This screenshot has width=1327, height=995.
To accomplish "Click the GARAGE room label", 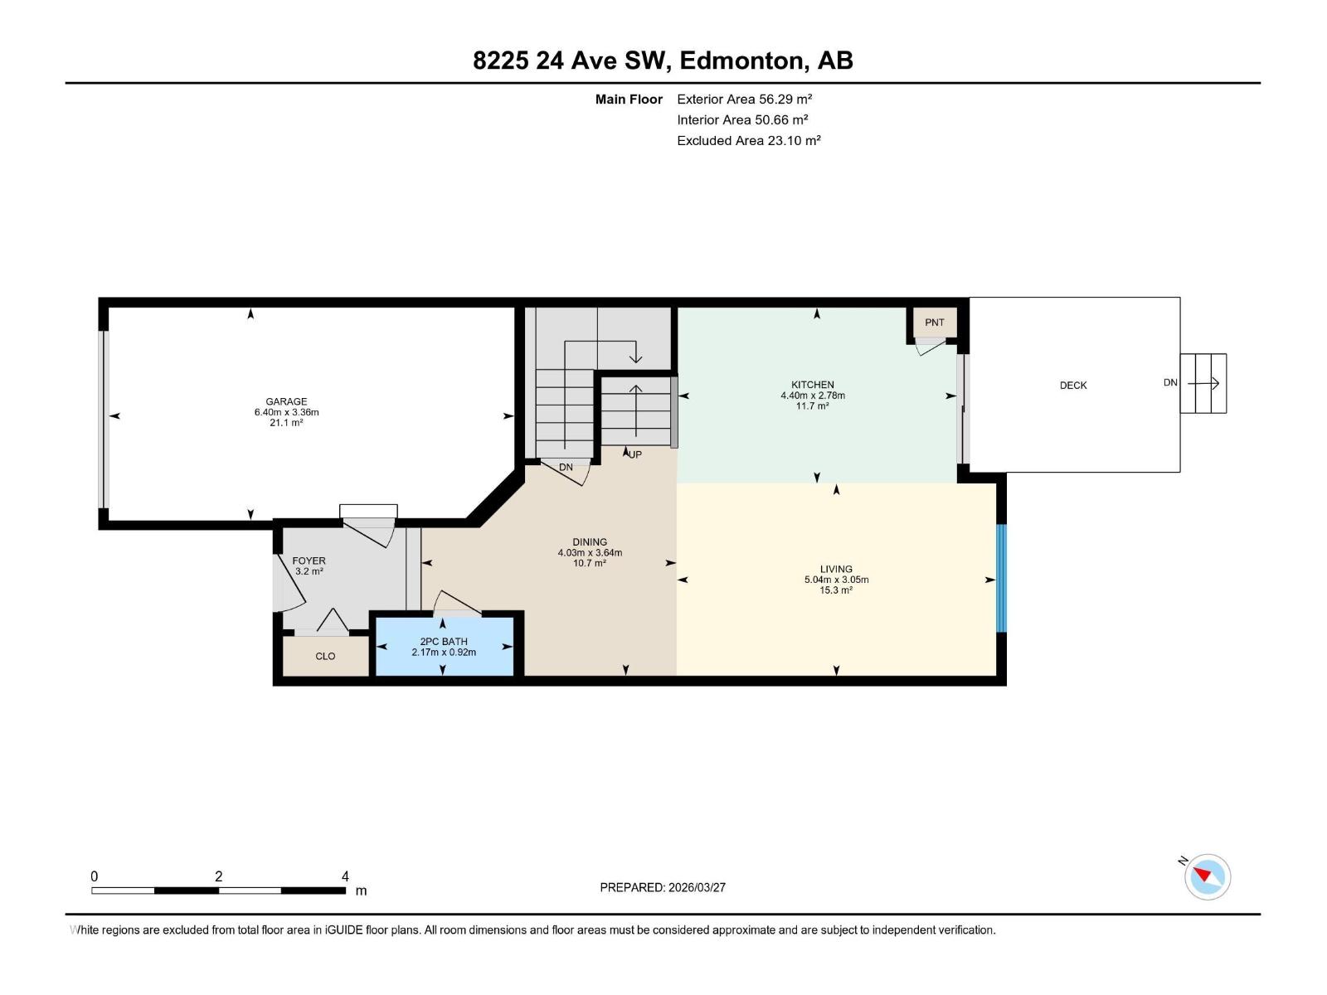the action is [x=286, y=401].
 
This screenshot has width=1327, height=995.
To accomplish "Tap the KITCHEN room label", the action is [x=813, y=384].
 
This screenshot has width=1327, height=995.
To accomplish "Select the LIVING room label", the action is [x=836, y=569].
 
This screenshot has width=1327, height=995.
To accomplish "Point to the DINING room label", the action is [x=590, y=542].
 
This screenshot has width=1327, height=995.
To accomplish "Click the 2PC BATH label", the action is [x=444, y=642].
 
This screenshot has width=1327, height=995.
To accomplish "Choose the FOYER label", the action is [x=309, y=561].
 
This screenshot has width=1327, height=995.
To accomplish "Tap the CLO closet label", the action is [x=325, y=656].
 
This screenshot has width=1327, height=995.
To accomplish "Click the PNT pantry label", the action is [x=935, y=322].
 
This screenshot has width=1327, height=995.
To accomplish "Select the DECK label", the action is [x=1073, y=385].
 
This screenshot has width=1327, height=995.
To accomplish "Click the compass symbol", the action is [x=1208, y=876].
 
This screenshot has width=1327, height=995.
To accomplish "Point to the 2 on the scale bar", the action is [x=218, y=876].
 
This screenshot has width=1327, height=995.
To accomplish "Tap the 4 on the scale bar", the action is [x=345, y=876].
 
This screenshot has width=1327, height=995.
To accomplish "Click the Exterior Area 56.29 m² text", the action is [x=744, y=99].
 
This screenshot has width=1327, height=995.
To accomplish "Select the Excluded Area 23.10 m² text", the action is [x=748, y=141].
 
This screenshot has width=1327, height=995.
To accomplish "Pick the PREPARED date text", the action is [x=663, y=887].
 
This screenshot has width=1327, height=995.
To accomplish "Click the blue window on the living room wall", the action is [x=1001, y=578].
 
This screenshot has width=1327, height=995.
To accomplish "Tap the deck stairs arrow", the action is [x=1203, y=383].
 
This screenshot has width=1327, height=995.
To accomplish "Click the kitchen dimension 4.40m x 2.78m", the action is [x=813, y=396].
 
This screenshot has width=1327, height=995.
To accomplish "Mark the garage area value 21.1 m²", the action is [x=286, y=423].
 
